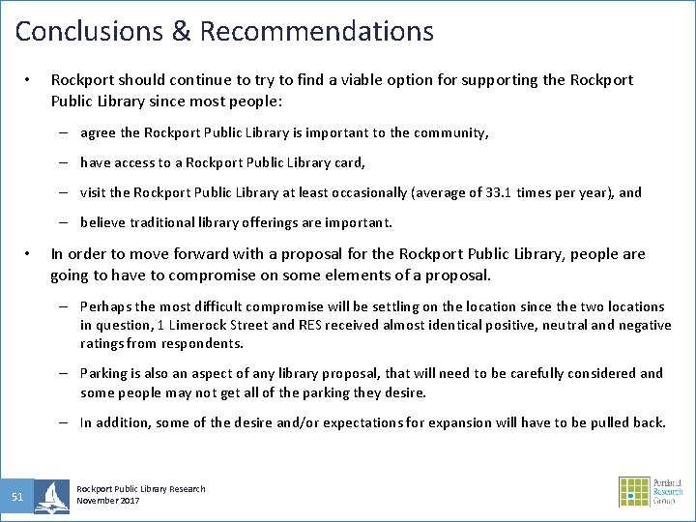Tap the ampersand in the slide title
[x=182, y=31]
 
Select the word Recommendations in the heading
[x=316, y=31]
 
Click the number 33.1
[x=494, y=192]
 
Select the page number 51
[x=17, y=497]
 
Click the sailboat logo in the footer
[x=51, y=496]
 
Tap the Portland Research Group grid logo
[x=635, y=492]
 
